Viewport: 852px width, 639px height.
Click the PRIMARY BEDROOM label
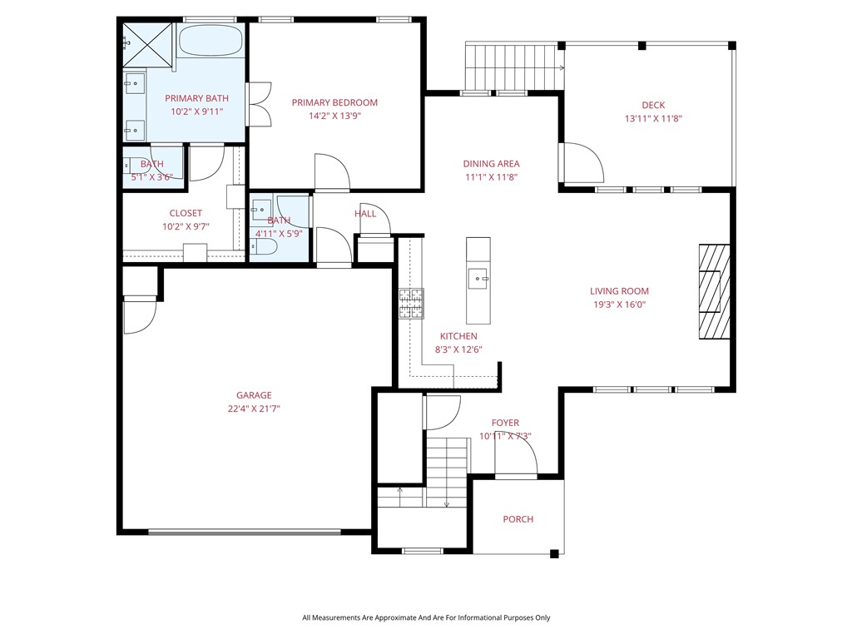click(x=334, y=102)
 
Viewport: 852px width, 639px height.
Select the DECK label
click(x=653, y=105)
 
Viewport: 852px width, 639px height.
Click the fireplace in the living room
click(x=713, y=290)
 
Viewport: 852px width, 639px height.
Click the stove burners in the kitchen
click(x=411, y=303)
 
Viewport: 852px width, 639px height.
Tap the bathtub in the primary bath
click(x=212, y=41)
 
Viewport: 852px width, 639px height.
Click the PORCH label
click(x=518, y=519)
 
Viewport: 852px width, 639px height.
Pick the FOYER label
click(x=505, y=423)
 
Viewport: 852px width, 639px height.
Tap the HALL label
click(x=365, y=214)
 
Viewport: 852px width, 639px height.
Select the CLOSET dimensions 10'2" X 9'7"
click(x=186, y=226)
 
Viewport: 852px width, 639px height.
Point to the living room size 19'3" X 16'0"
click(x=619, y=305)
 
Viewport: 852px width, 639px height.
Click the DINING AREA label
click(x=491, y=164)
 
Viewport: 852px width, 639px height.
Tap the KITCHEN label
click(x=458, y=336)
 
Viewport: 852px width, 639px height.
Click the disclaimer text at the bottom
click(x=426, y=617)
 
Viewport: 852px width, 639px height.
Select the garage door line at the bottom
click(x=245, y=532)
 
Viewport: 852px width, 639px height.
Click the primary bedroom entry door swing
click(x=334, y=171)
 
